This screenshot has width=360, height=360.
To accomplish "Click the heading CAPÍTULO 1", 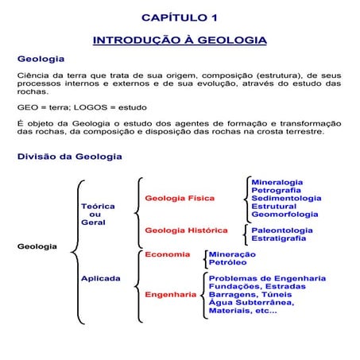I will (x=179, y=17).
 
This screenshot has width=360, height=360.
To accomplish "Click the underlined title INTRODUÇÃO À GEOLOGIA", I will (x=180, y=40).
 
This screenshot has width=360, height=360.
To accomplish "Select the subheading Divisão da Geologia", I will (x=69, y=157).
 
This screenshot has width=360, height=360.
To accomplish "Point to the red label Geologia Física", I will (x=179, y=198).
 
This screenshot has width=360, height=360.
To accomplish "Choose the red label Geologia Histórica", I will (x=185, y=230).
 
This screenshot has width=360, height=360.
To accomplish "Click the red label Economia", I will (x=167, y=254).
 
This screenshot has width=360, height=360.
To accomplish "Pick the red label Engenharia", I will (x=170, y=295).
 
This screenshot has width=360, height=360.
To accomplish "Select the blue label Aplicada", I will (x=100, y=278).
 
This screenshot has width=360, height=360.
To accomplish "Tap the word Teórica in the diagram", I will (x=98, y=206).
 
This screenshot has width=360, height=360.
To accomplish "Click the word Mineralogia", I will (x=277, y=182).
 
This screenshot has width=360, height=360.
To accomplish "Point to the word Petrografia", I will (x=276, y=190).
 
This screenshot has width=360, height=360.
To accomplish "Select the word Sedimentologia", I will (x=286, y=198).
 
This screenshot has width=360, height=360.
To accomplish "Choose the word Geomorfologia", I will (x=285, y=214).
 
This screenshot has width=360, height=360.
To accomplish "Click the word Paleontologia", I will (x=281, y=230).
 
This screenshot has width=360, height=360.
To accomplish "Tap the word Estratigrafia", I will (x=280, y=238).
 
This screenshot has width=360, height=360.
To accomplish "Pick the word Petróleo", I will (x=227, y=262).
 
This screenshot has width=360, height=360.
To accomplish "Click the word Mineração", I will (x=231, y=254).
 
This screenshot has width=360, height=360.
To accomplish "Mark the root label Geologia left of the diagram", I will (x=37, y=246).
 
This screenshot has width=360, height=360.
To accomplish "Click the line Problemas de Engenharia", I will (x=266, y=278).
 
